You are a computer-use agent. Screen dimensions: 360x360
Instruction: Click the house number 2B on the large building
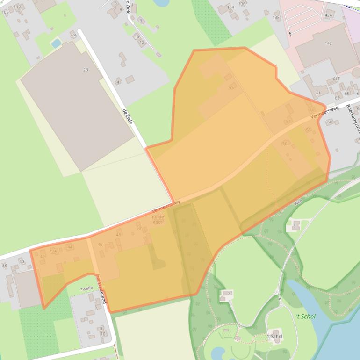click(86, 70)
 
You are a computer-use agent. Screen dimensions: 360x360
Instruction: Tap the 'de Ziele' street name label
click(128, 116)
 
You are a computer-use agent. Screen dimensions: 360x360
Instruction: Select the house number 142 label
click(328, 43)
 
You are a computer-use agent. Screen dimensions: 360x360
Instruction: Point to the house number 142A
click(327, 15)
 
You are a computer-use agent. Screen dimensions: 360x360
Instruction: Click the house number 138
click(276, 18)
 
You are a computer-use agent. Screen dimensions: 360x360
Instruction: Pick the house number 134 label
click(230, 7)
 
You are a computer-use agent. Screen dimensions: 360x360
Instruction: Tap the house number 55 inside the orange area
click(231, 87)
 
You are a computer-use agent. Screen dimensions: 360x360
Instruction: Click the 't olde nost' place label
click(158, 219)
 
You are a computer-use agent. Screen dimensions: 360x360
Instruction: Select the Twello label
click(87, 289)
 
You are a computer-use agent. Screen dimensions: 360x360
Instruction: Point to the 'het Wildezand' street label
click(101, 288)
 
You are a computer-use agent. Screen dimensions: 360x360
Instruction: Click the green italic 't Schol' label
click(306, 317)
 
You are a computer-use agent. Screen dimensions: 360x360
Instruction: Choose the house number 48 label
click(119, 235)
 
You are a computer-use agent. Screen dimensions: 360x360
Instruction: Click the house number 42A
click(54, 251)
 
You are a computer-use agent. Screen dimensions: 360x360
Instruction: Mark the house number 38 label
click(5, 266)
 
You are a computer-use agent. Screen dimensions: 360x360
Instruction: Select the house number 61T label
click(336, 79)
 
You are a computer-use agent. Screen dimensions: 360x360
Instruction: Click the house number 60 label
click(330, 122)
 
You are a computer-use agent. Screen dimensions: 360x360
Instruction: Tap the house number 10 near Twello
click(103, 334)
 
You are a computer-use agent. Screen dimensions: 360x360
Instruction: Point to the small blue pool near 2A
click(56, 43)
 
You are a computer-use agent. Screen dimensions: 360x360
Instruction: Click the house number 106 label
click(5, 12)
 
